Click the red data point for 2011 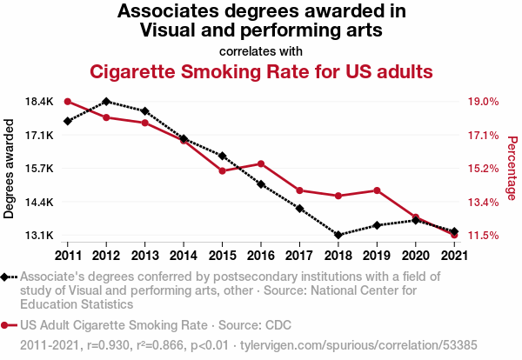pos(68,102)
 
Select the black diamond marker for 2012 pos(106,102)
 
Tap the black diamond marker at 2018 pos(338,235)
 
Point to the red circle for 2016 pos(261,163)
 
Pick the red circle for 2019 pos(377,190)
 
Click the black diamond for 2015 pos(223,156)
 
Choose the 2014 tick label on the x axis pos(184,256)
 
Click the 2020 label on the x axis pos(416,256)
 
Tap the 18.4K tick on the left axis pos(39,102)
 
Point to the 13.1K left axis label pos(39,236)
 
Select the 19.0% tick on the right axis pos(484,102)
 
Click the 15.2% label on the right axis pos(484,169)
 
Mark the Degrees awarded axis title pos(9,169)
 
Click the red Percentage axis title pos(512,168)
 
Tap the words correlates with pos(261,51)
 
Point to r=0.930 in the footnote pos(108,345)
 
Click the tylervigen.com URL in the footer pos(358,345)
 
